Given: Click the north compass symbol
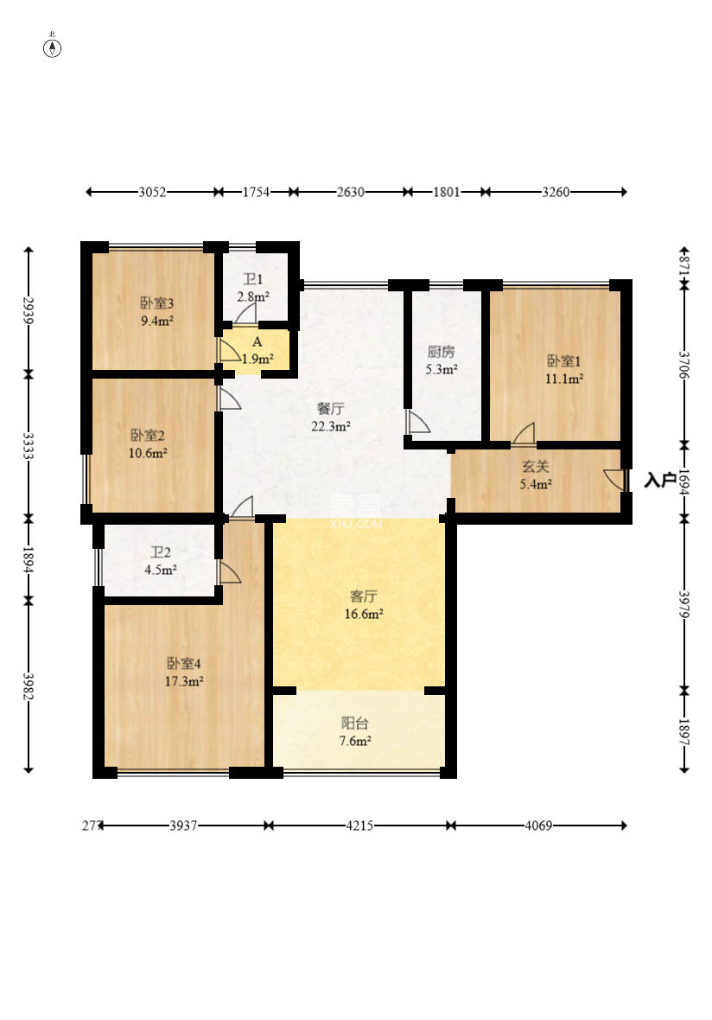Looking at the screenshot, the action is pyautogui.click(x=53, y=47).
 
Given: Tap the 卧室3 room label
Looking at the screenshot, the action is pyautogui.click(x=156, y=303).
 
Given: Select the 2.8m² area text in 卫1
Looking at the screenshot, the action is pyautogui.click(x=253, y=296).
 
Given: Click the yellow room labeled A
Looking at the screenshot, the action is pyautogui.click(x=257, y=352).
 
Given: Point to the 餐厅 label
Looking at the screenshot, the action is pyautogui.click(x=330, y=409).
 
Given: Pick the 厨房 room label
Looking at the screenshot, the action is pyautogui.click(x=441, y=352).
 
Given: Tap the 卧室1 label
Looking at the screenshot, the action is pyautogui.click(x=563, y=361).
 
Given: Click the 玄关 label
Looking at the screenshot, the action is pyautogui.click(x=536, y=467).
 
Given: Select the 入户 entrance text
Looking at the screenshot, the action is pyautogui.click(x=660, y=480).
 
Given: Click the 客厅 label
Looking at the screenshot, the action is pyautogui.click(x=364, y=596).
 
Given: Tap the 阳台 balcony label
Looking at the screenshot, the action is pyautogui.click(x=355, y=723).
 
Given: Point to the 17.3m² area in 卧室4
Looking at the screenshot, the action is pyautogui.click(x=184, y=682).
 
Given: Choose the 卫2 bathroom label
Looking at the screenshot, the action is pyautogui.click(x=161, y=552).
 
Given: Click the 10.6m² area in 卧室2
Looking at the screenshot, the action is pyautogui.click(x=148, y=453).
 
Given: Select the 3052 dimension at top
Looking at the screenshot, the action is pyautogui.click(x=152, y=192).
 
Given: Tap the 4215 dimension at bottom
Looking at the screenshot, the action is pyautogui.click(x=359, y=826).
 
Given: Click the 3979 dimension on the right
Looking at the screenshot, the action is pyautogui.click(x=684, y=604).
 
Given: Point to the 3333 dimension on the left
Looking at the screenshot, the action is pyautogui.click(x=28, y=446).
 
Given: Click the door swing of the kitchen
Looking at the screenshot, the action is pyautogui.click(x=417, y=422).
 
